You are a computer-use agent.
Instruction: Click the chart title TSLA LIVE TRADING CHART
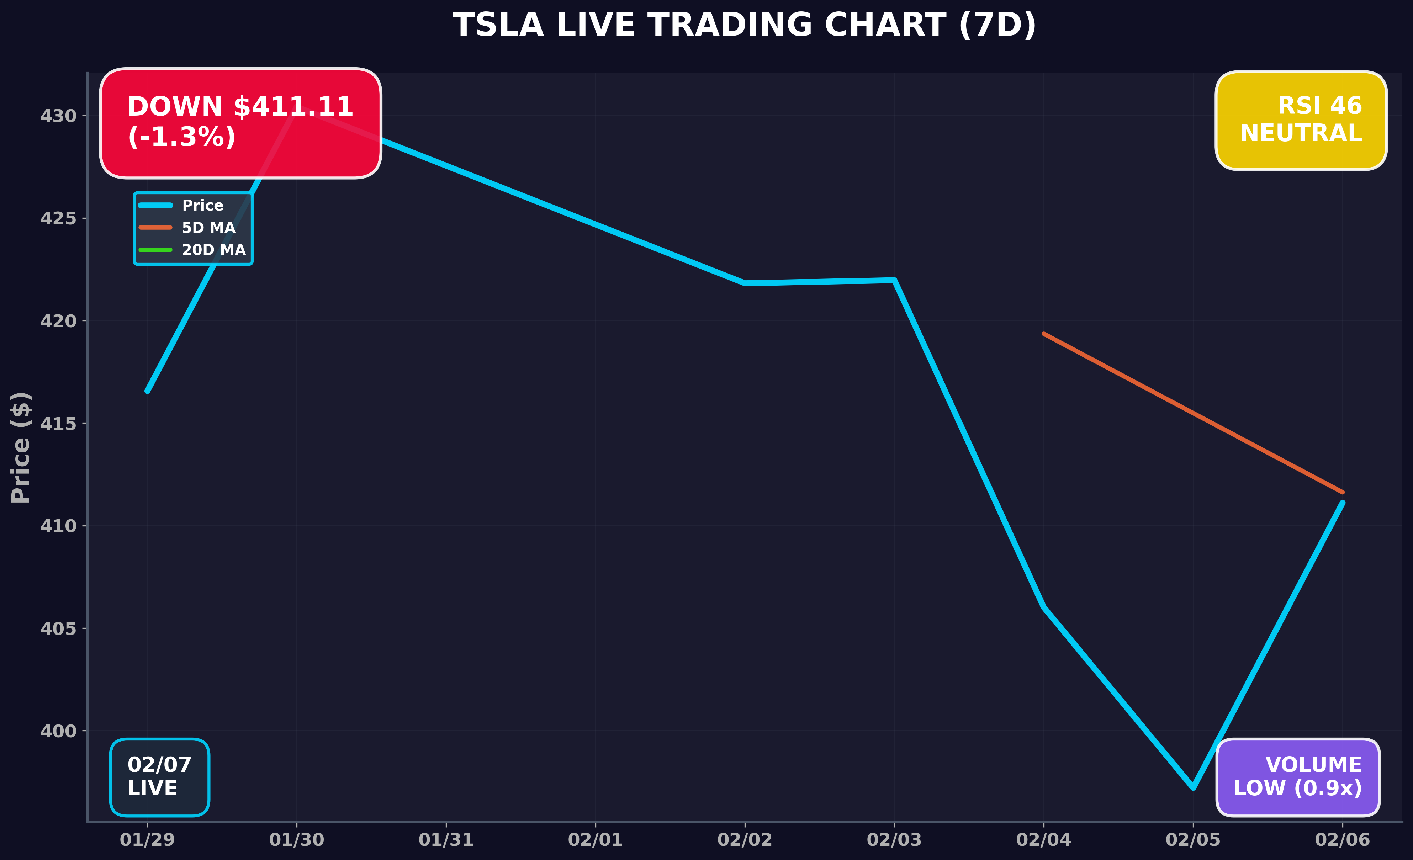[744, 26]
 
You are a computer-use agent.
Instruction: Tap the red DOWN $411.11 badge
[240, 123]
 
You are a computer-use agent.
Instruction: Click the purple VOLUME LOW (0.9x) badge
[1298, 776]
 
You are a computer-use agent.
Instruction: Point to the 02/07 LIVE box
[159, 776]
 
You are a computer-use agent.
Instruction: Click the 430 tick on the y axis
[58, 116]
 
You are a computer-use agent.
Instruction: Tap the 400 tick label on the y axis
[58, 731]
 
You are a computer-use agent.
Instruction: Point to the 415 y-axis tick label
[58, 424]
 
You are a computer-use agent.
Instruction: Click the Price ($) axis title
[21, 447]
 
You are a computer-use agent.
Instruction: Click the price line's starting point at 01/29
[147, 391]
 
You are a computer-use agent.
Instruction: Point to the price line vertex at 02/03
[894, 280]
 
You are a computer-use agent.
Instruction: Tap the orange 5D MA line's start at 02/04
[1044, 334]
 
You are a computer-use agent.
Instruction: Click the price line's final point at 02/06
[1342, 503]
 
